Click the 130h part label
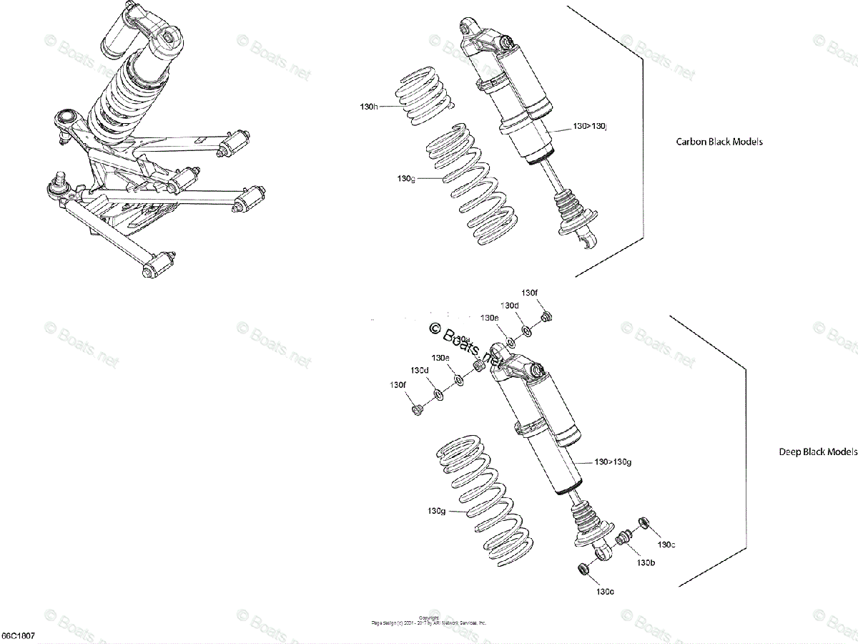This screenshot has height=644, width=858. point(369,107)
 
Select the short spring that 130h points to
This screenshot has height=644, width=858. point(425,94)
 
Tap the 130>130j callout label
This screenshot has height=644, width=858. point(590,127)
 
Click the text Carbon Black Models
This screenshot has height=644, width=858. point(719,142)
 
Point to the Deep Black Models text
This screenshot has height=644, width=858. point(817,452)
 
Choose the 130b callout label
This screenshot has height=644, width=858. point(646,562)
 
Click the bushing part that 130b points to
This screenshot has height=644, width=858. point(624,537)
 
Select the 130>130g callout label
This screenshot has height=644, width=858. point(613,462)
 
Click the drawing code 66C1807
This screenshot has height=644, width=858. point(18,636)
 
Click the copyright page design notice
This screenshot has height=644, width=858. point(429,620)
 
